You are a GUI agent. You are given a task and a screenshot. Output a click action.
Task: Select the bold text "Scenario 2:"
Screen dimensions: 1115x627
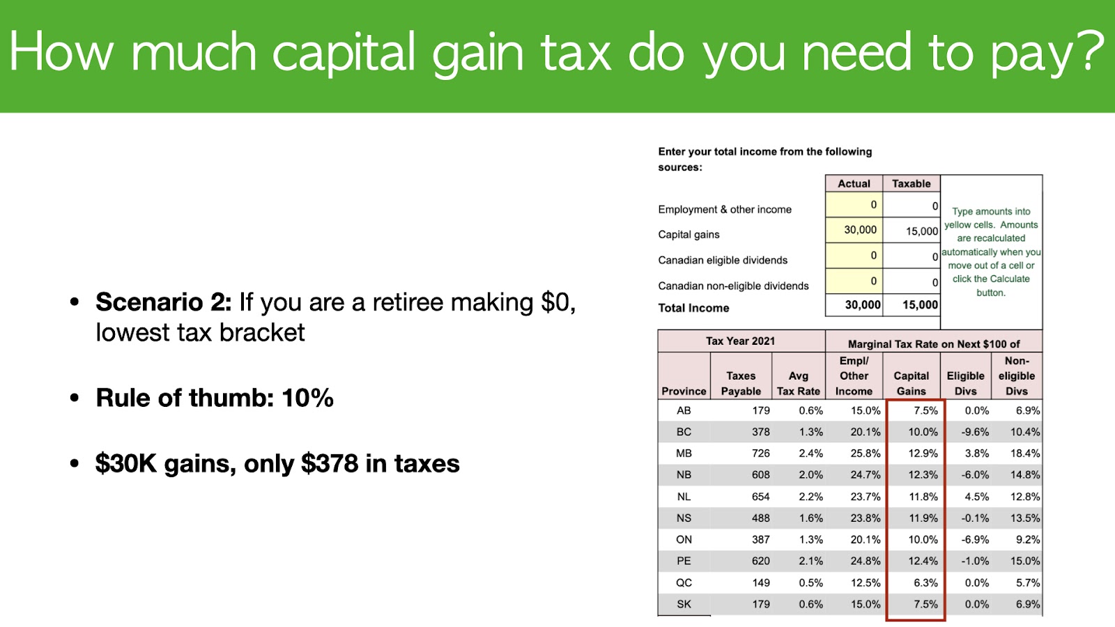point(164,302)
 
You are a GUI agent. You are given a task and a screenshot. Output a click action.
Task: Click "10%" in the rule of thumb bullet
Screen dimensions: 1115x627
point(307,398)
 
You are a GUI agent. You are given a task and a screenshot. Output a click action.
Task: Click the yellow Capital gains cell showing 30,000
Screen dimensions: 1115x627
point(854,230)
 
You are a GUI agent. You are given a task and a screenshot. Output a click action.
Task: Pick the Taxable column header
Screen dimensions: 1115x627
point(911,184)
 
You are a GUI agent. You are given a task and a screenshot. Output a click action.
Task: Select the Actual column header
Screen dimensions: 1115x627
point(854,184)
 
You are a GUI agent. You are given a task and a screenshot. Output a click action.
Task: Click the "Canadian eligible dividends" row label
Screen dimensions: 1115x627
point(723,261)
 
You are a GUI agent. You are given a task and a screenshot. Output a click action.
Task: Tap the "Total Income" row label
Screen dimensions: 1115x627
point(693,308)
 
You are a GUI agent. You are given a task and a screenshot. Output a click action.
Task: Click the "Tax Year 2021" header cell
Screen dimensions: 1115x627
point(740,341)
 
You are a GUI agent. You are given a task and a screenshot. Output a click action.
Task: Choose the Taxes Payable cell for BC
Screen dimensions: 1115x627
point(760,432)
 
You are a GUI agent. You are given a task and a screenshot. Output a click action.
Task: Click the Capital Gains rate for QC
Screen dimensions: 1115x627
point(925,582)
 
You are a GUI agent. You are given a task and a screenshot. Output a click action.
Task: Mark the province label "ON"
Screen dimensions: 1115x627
point(684,539)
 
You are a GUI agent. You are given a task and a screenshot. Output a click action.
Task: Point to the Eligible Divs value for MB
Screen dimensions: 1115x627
point(976,454)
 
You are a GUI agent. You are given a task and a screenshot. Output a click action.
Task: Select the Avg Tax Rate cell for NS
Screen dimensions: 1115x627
point(811,518)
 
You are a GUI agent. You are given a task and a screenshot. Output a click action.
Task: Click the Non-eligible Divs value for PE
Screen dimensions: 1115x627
point(1025,561)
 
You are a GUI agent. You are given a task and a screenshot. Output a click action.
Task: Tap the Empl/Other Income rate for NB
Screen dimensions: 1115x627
point(865,474)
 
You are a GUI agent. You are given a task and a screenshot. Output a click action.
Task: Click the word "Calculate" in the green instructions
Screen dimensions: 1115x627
point(1009,279)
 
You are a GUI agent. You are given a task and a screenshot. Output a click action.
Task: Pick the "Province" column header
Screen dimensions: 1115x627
point(684,391)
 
